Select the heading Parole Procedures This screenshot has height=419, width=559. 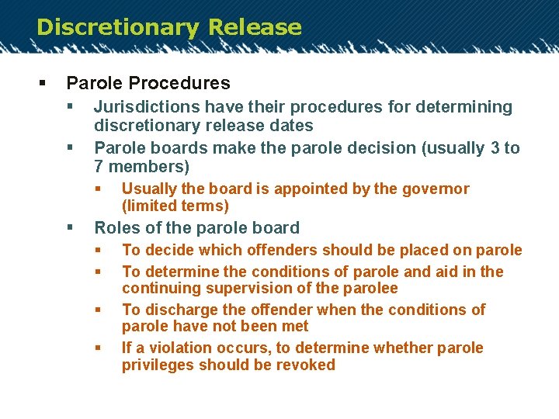[148, 83]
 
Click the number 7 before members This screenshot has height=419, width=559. [99, 167]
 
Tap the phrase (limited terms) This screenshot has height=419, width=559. [175, 206]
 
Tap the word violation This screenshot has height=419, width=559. [185, 348]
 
